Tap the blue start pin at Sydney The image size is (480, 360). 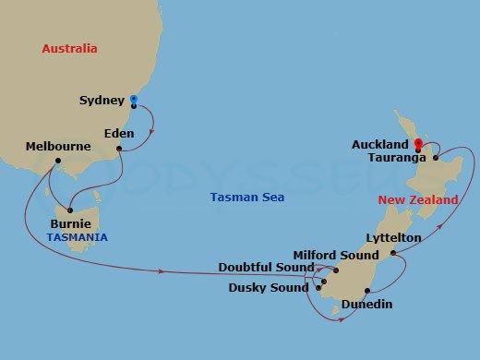(x=134, y=100)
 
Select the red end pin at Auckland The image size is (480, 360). (x=418, y=144)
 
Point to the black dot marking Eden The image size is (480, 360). (x=119, y=148)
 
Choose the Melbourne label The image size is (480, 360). (x=58, y=146)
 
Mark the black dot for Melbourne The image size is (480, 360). (x=57, y=161)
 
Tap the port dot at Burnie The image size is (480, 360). (x=70, y=210)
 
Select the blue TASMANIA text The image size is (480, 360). (x=77, y=237)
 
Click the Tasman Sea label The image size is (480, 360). (x=247, y=197)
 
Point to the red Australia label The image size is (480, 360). (x=70, y=48)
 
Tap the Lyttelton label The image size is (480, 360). (x=393, y=237)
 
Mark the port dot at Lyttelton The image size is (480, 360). (x=394, y=252)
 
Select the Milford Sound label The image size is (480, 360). (x=336, y=255)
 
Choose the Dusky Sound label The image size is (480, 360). (x=269, y=287)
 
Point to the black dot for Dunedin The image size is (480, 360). (x=367, y=292)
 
